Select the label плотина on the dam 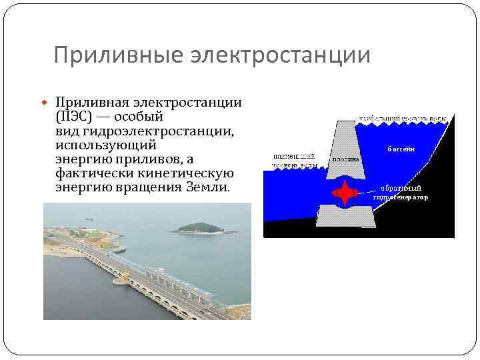click(x=345, y=159)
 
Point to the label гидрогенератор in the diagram click(x=401, y=198)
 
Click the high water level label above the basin click(x=400, y=118)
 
